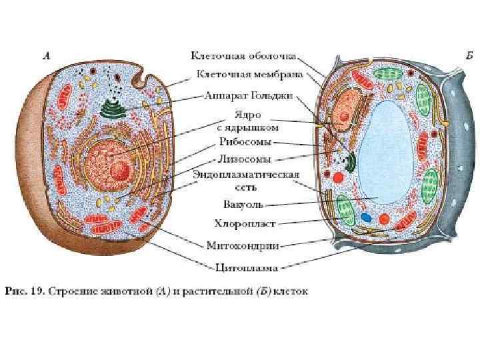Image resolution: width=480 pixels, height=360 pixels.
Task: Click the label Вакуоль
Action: click(244, 204)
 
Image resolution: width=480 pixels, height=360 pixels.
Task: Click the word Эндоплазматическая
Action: click(246, 175)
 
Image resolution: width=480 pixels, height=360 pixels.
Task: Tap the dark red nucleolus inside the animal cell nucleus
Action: click(120, 173)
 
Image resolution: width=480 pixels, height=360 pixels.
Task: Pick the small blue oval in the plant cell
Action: click(365, 217)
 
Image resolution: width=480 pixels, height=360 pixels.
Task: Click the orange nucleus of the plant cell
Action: click(344, 115)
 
